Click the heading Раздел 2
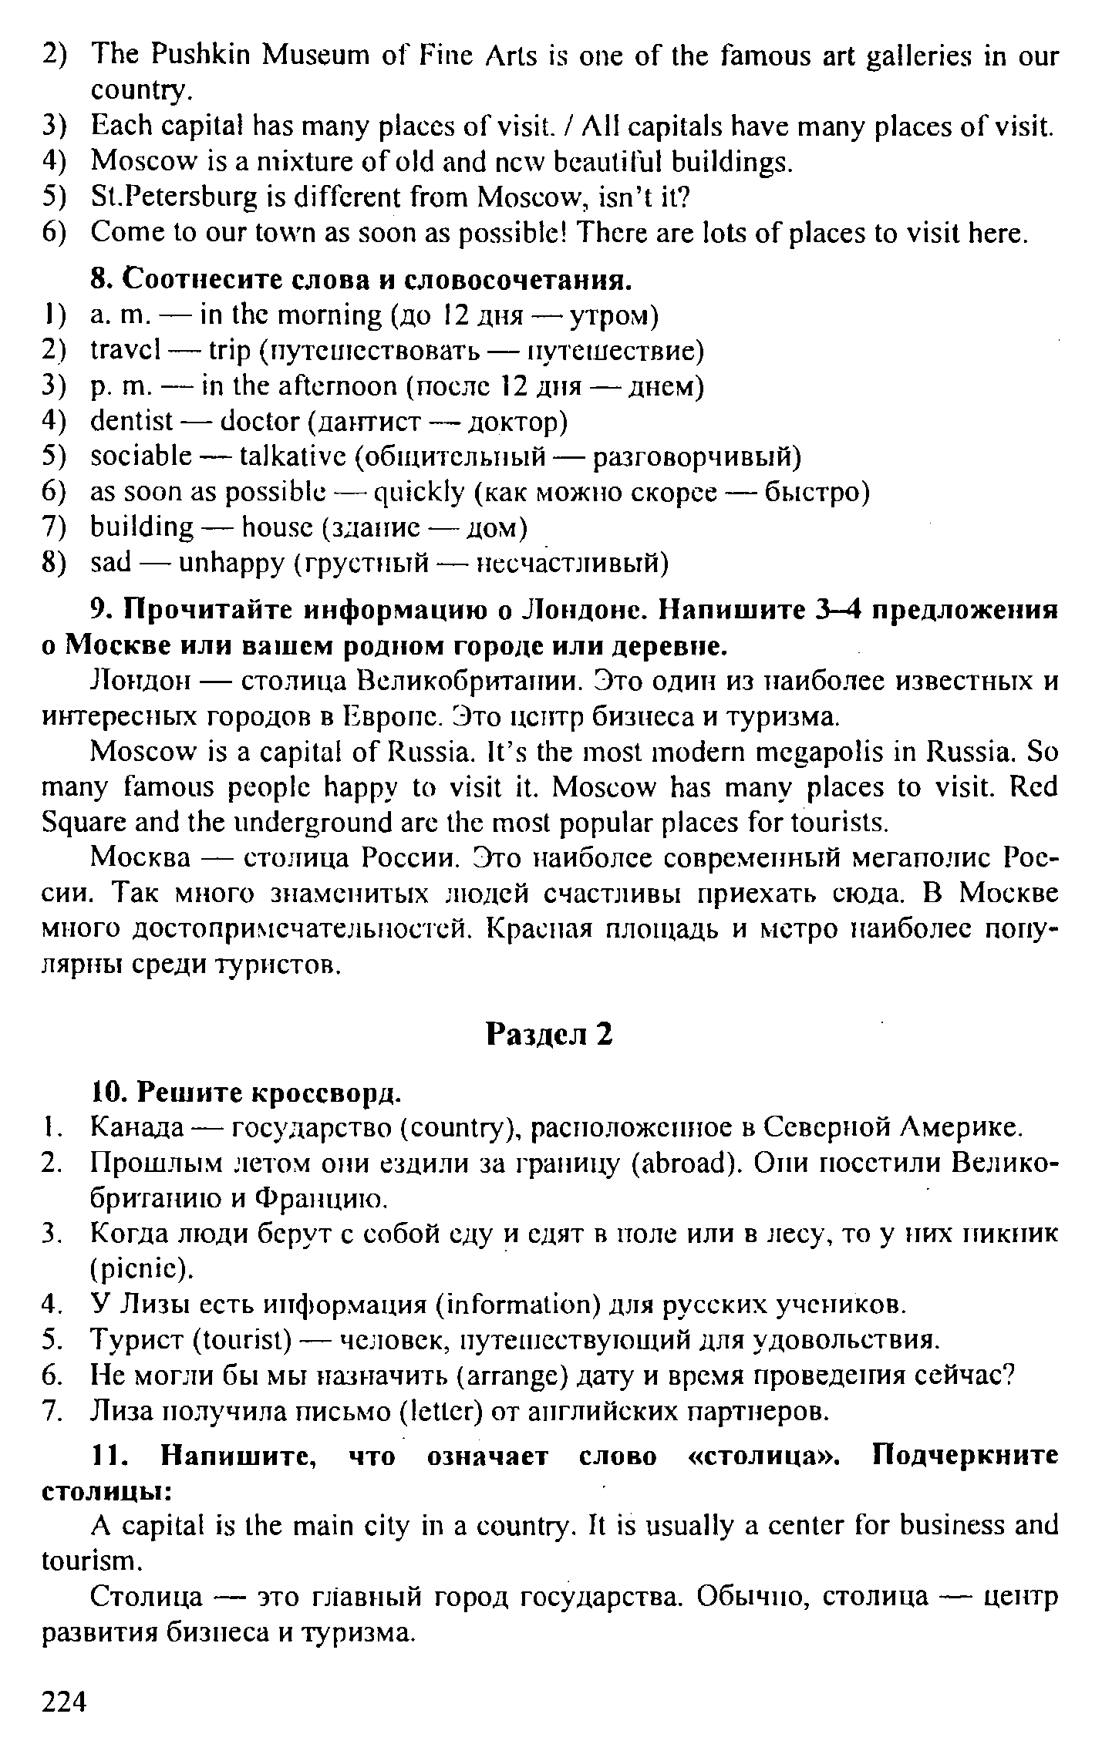coord(550,1034)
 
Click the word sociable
coord(140,457)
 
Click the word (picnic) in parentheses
coord(139,1268)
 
